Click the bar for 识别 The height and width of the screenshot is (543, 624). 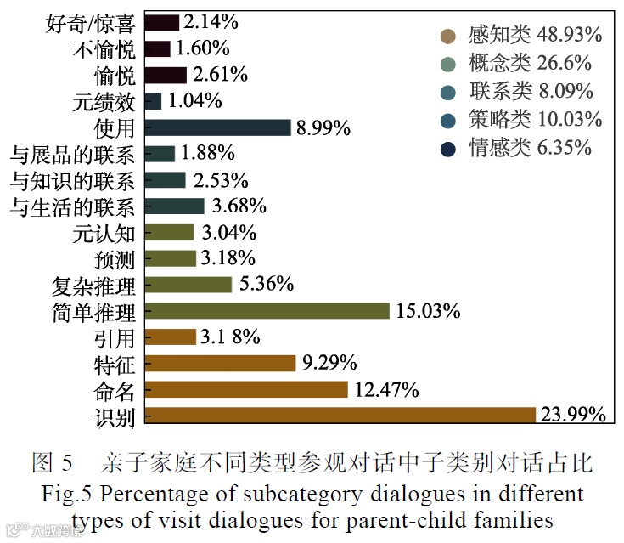point(340,415)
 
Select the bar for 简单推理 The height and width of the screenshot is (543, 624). point(267,311)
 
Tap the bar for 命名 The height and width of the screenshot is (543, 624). point(246,389)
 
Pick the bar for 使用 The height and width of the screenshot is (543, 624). point(218,127)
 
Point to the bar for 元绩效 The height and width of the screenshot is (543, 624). point(153,101)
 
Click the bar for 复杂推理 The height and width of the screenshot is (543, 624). point(188,285)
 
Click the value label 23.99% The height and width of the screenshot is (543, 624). point(573,415)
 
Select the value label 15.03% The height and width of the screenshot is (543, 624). point(428,311)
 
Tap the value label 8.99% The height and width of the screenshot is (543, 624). point(323,128)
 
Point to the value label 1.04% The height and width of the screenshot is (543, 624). point(195,101)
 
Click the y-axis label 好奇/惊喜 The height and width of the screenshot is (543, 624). point(90,23)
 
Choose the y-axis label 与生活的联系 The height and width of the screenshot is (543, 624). point(72,206)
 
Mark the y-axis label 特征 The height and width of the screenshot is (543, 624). point(115,364)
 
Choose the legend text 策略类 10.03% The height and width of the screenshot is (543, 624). point(535,120)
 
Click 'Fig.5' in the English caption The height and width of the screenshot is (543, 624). point(64,494)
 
